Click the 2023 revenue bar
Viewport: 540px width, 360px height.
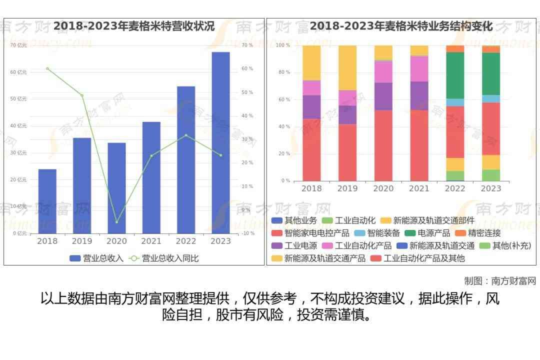[x=220, y=142]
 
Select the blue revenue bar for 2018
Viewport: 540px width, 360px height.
[x=47, y=201]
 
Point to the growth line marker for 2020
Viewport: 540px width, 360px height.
[x=116, y=221]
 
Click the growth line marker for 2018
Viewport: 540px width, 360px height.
[x=47, y=68]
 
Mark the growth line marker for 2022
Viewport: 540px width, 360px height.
[x=186, y=135]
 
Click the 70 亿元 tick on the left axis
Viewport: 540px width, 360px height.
[x=18, y=45]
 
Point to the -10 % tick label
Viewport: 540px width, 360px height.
[x=247, y=233]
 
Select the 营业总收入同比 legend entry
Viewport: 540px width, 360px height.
[x=164, y=258]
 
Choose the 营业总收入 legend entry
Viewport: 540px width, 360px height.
[x=96, y=258]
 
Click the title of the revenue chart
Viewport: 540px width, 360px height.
[x=134, y=26]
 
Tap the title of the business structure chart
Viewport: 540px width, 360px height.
[x=401, y=26]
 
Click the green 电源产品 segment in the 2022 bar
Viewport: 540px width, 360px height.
[x=455, y=75]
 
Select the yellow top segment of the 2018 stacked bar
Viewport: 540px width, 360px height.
[x=311, y=62]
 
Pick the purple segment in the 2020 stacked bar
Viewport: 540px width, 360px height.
[x=383, y=96]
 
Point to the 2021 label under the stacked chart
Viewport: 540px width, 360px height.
[x=419, y=188]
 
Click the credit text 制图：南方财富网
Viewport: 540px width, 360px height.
[x=500, y=281]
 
